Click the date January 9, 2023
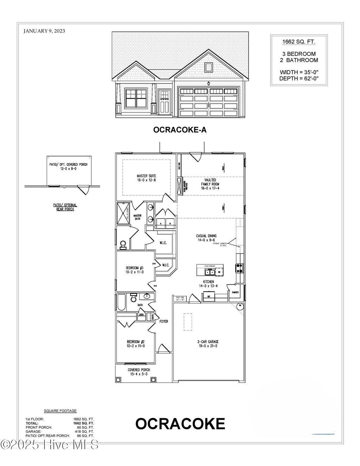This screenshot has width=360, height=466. click(x=44, y=31)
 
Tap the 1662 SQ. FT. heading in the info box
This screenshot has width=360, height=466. click(x=299, y=42)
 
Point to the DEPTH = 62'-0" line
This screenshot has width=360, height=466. click(x=299, y=78)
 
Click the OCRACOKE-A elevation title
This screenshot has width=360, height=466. click(x=180, y=130)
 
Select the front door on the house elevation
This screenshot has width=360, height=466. click(x=165, y=102)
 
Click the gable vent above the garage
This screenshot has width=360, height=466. click(x=208, y=67)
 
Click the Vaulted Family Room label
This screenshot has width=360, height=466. click(x=211, y=184)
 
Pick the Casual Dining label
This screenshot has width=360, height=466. click(x=206, y=238)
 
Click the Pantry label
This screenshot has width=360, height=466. click(x=235, y=292)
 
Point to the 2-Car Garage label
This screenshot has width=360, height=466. click(x=208, y=344)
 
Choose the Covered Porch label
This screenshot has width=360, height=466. click(x=139, y=372)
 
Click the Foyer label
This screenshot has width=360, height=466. click(x=164, y=321)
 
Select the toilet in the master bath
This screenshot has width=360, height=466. click(x=123, y=244)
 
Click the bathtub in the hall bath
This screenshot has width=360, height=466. click(x=121, y=303)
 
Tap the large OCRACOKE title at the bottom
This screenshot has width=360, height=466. click(x=180, y=424)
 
